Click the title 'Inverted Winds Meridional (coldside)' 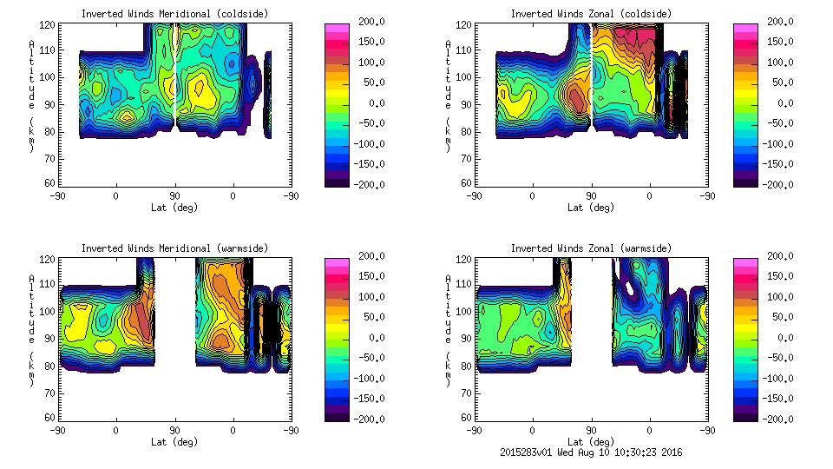click(174, 14)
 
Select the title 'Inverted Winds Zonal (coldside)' click(591, 14)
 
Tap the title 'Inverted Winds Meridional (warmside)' click(174, 248)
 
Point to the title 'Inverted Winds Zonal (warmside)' click(591, 248)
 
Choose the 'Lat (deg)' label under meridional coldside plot click(174, 208)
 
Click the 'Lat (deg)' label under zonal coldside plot click(591, 208)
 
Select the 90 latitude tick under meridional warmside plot click(174, 429)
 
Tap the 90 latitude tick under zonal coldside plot click(591, 195)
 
